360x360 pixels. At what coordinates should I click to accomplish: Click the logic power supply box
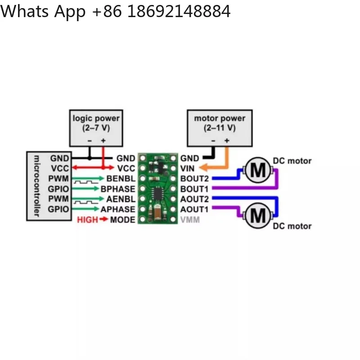click(x=96, y=128)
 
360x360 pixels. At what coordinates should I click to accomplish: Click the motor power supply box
click(x=220, y=128)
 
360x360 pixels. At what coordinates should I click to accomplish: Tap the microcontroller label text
click(x=37, y=186)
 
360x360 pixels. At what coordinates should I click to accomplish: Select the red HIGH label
click(x=87, y=220)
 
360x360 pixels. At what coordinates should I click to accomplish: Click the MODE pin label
click(x=122, y=220)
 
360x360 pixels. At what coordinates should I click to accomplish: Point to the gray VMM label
click(x=190, y=220)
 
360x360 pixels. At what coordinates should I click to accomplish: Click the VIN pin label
click(x=187, y=168)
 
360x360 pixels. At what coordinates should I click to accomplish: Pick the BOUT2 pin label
click(x=194, y=179)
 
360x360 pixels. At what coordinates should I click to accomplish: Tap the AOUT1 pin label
click(x=194, y=209)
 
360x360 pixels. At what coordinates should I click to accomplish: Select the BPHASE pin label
click(x=118, y=189)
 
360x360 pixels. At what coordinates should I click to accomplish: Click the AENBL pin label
click(x=121, y=199)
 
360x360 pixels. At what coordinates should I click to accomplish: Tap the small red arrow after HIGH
click(x=104, y=219)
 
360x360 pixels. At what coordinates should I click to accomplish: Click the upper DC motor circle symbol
click(x=258, y=170)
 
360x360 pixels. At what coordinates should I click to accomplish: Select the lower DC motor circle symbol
click(x=258, y=216)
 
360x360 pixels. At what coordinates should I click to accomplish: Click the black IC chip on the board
click(x=157, y=193)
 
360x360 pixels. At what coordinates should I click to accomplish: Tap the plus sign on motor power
click(x=227, y=140)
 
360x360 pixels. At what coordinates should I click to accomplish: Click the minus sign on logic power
click(x=90, y=141)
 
